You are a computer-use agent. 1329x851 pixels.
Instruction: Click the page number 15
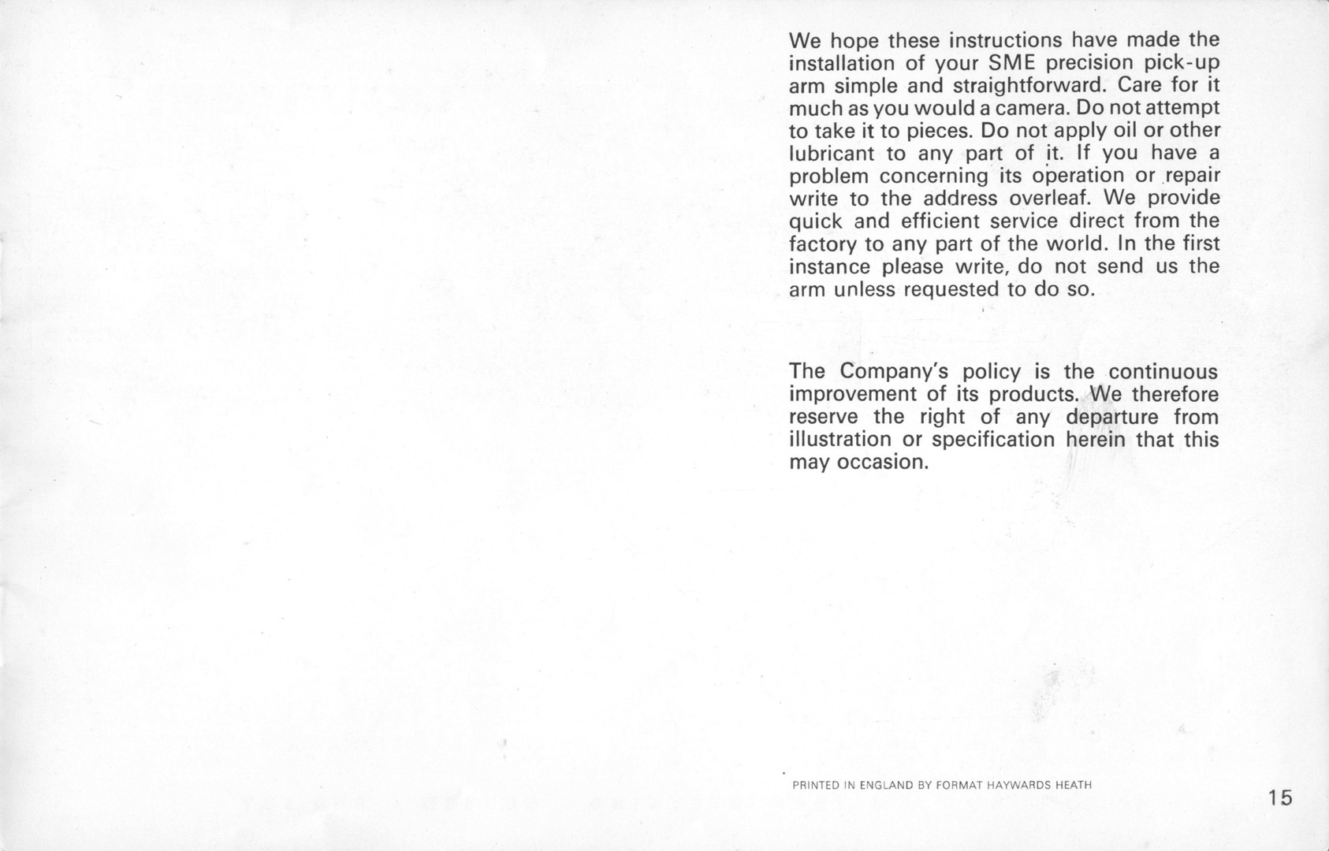pyautogui.click(x=1281, y=798)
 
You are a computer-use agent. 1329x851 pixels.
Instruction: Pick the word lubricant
pyautogui.click(x=832, y=153)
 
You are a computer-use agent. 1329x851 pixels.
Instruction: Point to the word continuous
pyautogui.click(x=1163, y=371)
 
